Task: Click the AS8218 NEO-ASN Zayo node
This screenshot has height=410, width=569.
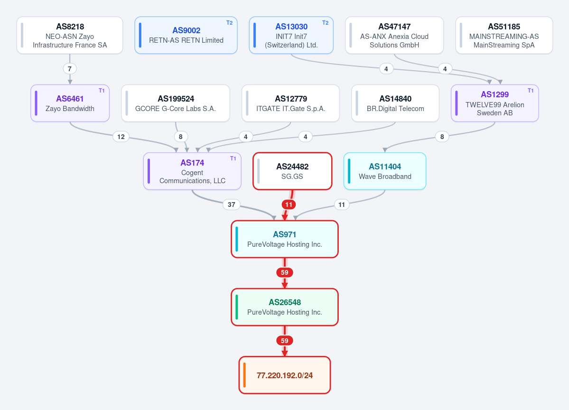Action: [70, 35]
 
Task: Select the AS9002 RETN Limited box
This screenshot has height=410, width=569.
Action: [186, 35]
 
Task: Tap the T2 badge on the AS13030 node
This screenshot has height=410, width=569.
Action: [325, 23]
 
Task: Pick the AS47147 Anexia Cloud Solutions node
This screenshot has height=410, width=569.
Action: [394, 35]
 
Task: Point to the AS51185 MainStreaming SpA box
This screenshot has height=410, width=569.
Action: [504, 35]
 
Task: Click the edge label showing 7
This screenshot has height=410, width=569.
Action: [70, 69]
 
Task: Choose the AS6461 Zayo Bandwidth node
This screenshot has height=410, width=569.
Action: [70, 103]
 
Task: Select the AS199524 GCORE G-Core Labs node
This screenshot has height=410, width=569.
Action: [176, 103]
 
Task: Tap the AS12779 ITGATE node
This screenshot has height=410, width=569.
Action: [290, 103]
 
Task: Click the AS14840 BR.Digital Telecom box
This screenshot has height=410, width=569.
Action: [395, 103]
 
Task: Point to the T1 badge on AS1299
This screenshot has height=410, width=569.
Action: [531, 91]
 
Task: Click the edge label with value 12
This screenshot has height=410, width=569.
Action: [121, 136]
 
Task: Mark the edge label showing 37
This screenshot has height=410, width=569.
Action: [232, 204]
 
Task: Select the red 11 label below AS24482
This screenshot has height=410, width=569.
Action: [289, 204]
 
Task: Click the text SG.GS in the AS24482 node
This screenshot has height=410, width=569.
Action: [292, 177]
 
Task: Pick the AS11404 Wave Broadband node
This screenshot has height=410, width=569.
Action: [385, 171]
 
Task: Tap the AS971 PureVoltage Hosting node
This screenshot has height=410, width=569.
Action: [285, 239]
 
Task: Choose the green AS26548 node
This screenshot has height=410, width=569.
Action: [285, 307]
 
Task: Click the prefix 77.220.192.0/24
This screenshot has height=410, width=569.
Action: [285, 375]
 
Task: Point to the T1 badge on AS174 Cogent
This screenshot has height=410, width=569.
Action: [233, 158]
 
